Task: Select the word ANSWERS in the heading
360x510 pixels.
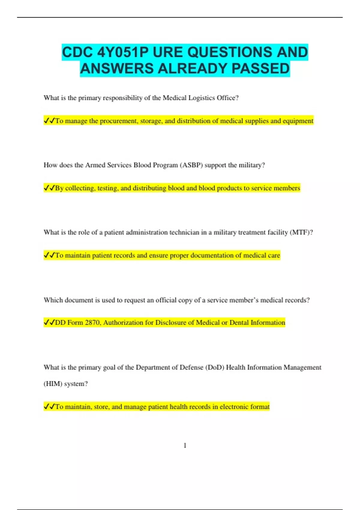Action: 117,69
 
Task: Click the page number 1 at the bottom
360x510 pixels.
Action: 185,445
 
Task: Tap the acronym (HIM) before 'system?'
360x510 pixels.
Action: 52,384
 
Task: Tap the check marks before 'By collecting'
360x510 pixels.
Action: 49,188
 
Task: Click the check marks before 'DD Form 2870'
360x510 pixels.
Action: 49,322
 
